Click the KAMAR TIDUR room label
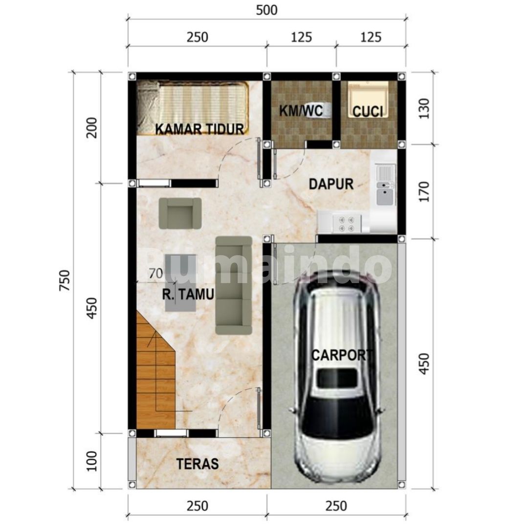click(x=199, y=129)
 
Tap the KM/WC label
click(x=301, y=110)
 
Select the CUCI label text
click(x=368, y=111)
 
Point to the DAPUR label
click(x=331, y=184)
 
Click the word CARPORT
click(x=342, y=355)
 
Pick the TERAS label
click(x=198, y=464)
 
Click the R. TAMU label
click(x=188, y=294)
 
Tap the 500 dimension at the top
click(x=267, y=10)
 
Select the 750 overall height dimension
click(x=65, y=280)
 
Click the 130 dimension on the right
click(x=424, y=109)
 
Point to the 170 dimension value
click(x=424, y=192)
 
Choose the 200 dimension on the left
click(x=91, y=128)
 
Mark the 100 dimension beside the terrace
click(x=91, y=461)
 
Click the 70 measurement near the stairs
click(x=156, y=273)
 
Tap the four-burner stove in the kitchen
click(x=347, y=224)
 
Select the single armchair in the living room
click(x=180, y=214)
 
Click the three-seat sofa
click(x=234, y=285)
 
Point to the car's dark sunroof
click(x=337, y=378)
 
